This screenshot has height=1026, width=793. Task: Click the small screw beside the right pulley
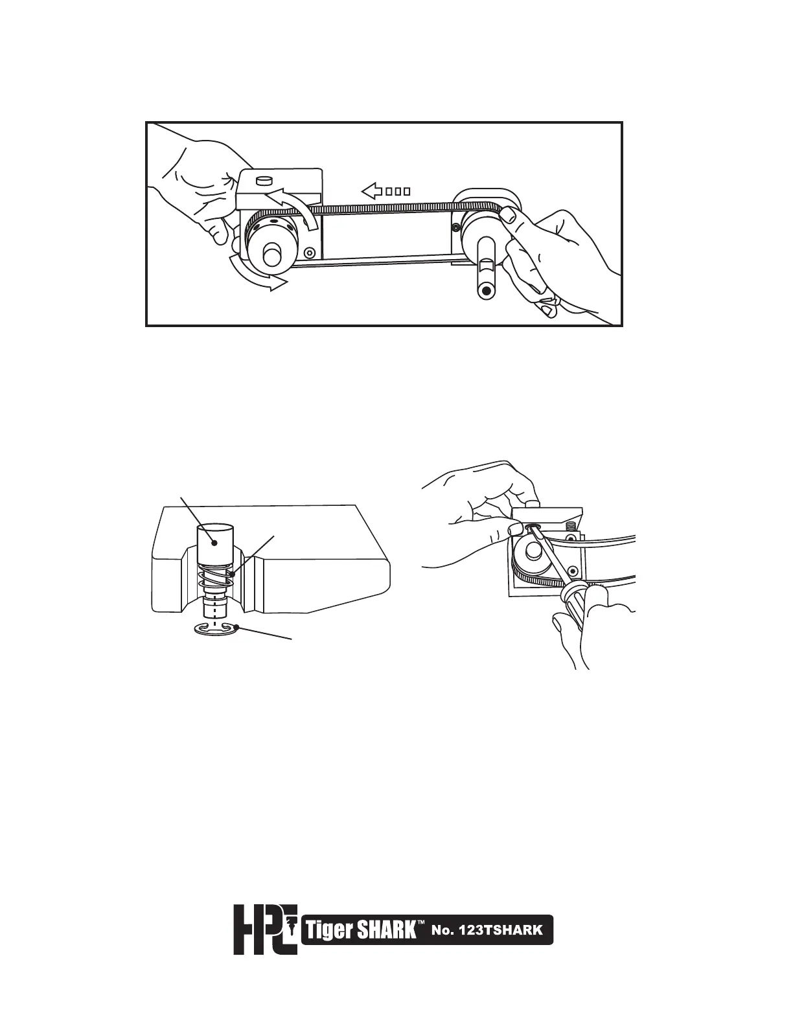point(456,227)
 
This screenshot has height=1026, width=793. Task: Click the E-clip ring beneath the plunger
point(216,629)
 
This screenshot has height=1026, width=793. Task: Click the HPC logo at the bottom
point(265,929)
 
